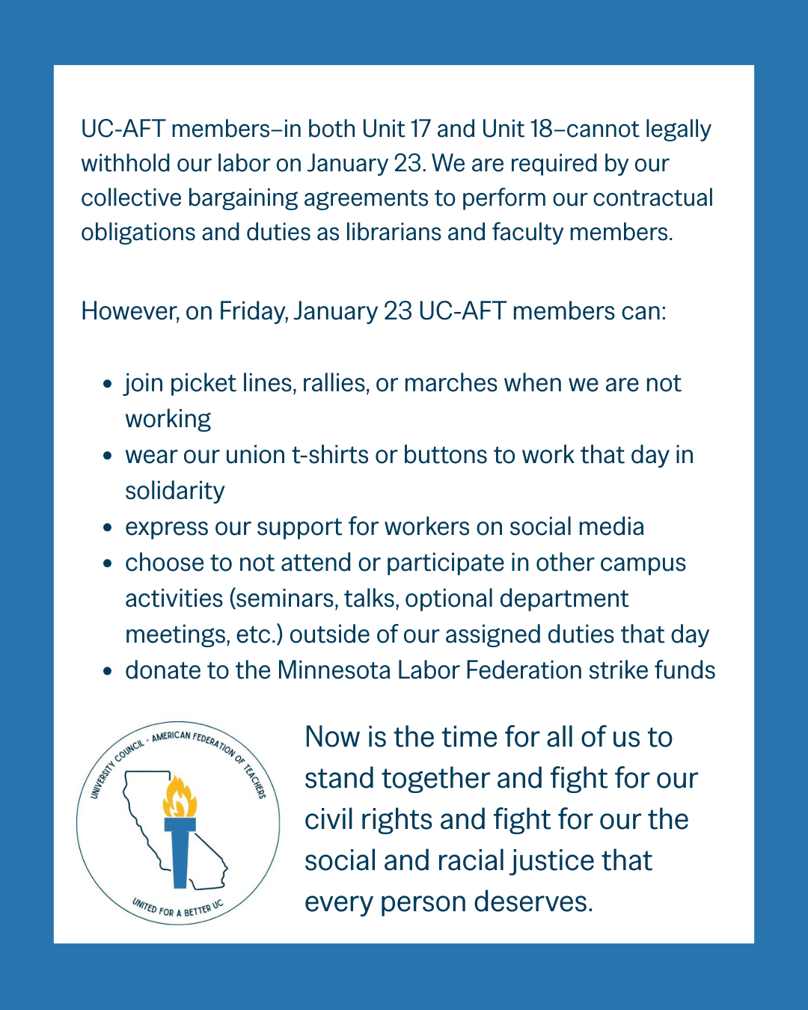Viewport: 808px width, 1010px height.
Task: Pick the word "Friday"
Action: [252, 311]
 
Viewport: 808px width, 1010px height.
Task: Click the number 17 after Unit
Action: [421, 129]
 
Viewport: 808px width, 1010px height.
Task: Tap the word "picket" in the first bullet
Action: [203, 383]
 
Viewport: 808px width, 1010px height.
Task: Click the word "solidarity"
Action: [175, 491]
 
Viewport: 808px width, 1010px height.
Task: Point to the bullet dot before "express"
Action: [108, 527]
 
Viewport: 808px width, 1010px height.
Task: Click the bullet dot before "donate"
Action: [108, 671]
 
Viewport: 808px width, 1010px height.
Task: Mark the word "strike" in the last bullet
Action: [618, 670]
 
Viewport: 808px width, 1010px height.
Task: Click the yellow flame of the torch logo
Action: [180, 798]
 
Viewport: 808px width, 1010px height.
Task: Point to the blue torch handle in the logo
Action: [180, 857]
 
